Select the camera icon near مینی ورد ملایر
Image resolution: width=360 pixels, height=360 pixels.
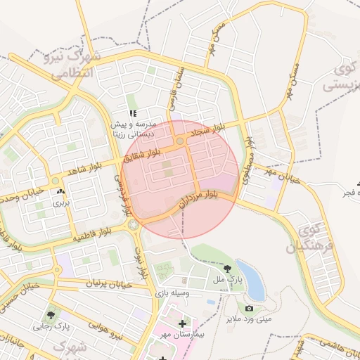point(249,308)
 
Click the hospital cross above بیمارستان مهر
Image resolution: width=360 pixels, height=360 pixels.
point(183,323)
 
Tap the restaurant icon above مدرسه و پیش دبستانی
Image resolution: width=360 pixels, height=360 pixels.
point(132,113)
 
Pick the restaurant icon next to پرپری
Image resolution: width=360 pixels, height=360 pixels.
point(60,191)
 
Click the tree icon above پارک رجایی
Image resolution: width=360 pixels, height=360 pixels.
point(50,314)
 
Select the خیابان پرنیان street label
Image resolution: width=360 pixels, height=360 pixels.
point(109,283)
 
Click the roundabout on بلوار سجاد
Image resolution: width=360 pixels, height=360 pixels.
point(181,141)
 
